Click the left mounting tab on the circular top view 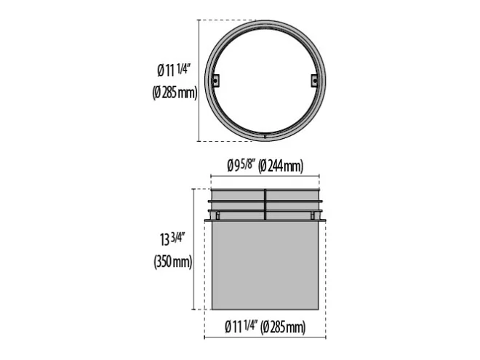click(216, 81)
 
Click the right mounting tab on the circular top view click(314, 81)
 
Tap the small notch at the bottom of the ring click(265, 135)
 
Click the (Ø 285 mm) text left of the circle click(175, 92)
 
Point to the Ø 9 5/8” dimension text click(241, 166)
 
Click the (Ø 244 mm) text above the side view click(281, 167)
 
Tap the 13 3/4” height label click(172, 239)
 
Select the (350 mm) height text click(173, 262)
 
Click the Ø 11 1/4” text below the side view click(242, 327)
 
